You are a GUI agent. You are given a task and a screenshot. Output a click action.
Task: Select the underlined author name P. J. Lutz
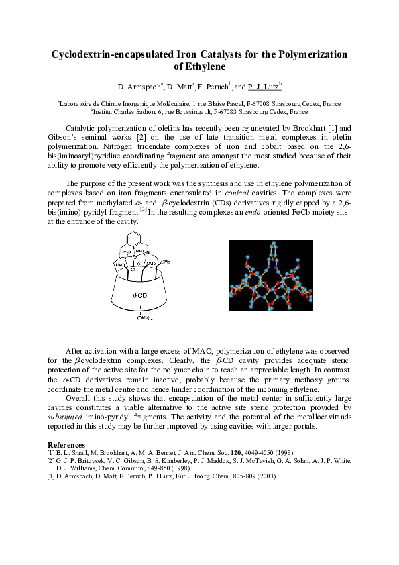263,87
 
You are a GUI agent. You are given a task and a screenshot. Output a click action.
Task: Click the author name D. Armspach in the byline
141,87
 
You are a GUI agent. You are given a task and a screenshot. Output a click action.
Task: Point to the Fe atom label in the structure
135,256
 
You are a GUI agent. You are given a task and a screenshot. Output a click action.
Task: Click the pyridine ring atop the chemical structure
138,240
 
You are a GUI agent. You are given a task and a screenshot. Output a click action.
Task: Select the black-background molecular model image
271,278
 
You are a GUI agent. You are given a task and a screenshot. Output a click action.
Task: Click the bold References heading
66,445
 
